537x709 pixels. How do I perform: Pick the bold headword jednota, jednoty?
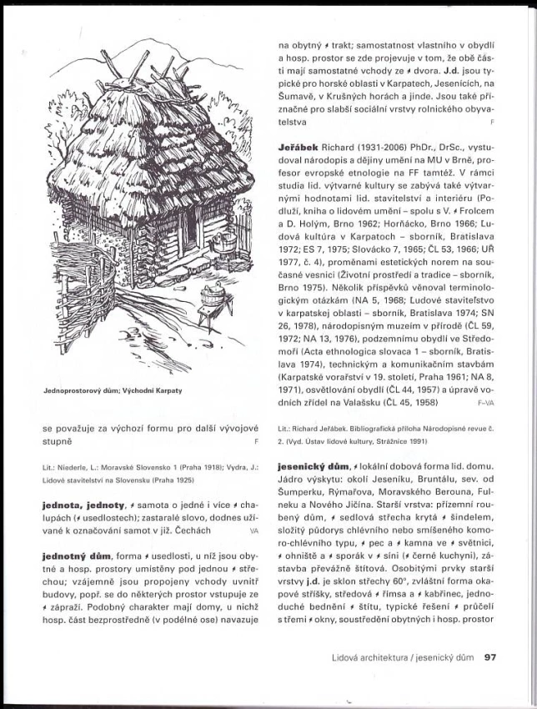coord(83,505)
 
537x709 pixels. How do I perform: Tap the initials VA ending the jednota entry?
coord(253,530)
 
